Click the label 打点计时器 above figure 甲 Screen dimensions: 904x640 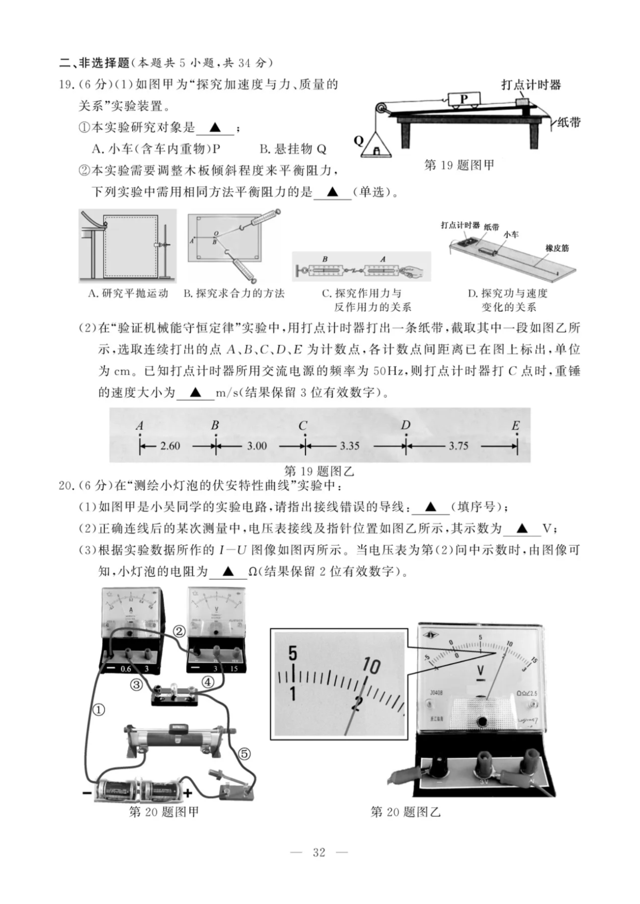pos(531,85)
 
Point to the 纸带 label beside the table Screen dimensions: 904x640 pos(568,123)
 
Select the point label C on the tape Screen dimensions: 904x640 pos(303,426)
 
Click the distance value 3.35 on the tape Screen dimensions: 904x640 pos(349,446)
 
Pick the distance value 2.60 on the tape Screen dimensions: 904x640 pos(170,446)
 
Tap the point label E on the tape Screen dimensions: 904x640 pos(515,426)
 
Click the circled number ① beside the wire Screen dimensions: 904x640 pos(99,710)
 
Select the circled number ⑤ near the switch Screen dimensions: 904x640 pos(244,754)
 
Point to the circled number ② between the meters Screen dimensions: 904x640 pos(178,631)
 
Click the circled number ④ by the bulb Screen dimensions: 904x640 pos(207,682)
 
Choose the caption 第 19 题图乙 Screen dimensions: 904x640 pos(319,471)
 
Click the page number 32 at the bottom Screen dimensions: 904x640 pos(319,852)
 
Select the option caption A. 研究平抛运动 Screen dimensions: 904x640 pos(128,293)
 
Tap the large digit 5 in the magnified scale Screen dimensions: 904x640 pos(292,654)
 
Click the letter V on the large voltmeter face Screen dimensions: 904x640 pos(481,671)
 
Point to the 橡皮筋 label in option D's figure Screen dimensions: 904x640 pos(557,248)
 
